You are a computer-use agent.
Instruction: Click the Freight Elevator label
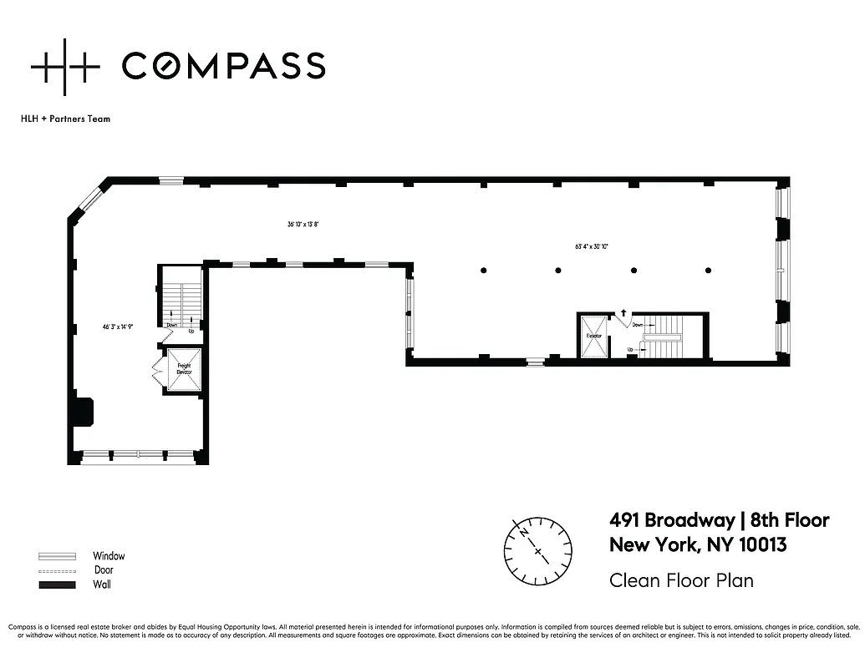pos(183,369)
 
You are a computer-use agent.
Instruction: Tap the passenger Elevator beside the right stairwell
pos(593,336)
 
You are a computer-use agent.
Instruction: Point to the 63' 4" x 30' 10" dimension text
pos(592,246)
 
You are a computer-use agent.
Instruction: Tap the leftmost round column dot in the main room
pos(483,270)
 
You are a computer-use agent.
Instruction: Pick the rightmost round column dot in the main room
pos(708,270)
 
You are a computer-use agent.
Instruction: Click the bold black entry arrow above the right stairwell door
pos(622,313)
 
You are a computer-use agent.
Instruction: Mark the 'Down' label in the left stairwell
pos(172,325)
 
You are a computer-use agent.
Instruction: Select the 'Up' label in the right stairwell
pos(630,349)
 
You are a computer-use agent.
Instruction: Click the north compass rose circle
pos(537,551)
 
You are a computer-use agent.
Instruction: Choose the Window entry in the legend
pos(109,556)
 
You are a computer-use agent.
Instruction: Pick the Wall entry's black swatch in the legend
pos(57,584)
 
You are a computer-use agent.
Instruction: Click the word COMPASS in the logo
pos(223,66)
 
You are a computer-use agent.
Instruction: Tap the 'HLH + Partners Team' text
pos(65,119)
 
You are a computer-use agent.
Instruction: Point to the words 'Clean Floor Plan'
pos(681,579)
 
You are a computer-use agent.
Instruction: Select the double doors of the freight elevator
pos(156,369)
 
